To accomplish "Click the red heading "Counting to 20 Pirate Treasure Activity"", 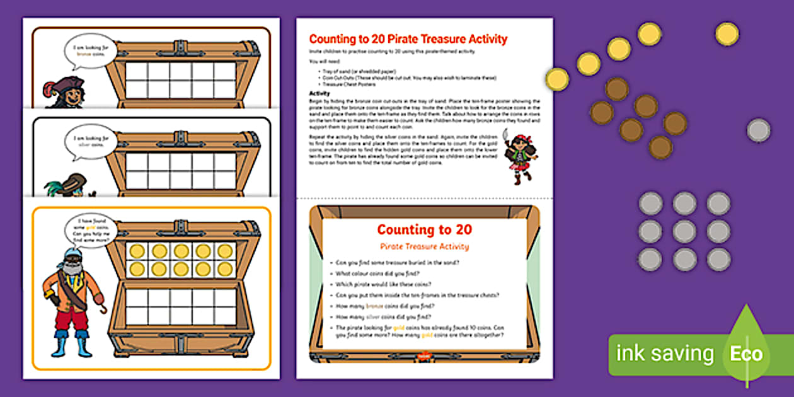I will pos(408,39).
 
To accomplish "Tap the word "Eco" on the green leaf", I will pos(746,354).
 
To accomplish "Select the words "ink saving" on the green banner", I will pos(665,354).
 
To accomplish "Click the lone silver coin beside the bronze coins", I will pos(759,130).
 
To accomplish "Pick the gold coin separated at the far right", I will pos(727,34).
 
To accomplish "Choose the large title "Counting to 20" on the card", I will pos(424,230).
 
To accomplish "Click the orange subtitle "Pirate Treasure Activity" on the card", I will pos(423,246).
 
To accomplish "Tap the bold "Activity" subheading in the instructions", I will pos(320,93).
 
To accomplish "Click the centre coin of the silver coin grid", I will pos(684,231).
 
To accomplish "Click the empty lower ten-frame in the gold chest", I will pos(181,306).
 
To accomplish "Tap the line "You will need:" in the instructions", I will pos(323,62).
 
